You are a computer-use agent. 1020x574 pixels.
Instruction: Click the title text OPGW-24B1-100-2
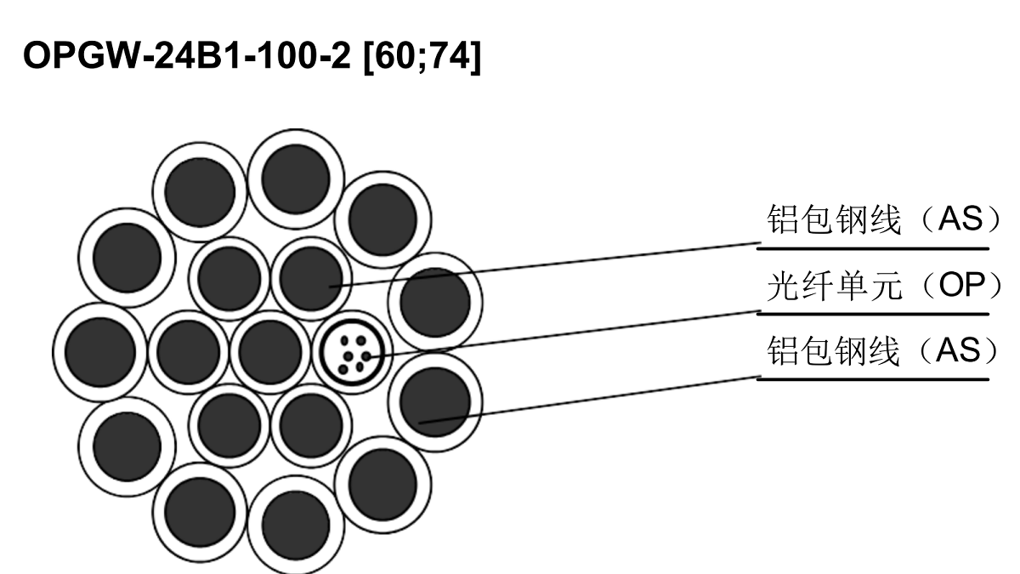click(x=187, y=55)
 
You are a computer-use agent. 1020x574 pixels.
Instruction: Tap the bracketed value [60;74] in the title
click(x=422, y=56)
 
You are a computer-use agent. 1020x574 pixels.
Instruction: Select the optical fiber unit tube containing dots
click(x=352, y=352)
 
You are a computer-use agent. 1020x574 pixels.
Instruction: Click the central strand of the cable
click(x=270, y=352)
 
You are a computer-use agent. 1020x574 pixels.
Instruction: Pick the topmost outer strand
click(x=296, y=179)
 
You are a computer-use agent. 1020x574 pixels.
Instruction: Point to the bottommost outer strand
click(x=296, y=525)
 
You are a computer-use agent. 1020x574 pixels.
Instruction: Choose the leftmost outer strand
click(x=100, y=352)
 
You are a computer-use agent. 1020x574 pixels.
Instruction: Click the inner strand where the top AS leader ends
click(x=311, y=278)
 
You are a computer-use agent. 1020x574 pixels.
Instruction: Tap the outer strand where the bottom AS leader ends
click(x=435, y=401)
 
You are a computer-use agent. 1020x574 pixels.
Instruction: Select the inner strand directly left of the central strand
click(x=188, y=352)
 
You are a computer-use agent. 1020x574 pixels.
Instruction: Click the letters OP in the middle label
click(x=961, y=285)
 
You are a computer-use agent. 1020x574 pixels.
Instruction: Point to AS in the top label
click(x=960, y=219)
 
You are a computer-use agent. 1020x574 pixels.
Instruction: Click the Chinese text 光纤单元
click(x=835, y=286)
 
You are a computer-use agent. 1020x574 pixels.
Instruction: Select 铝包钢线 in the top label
click(x=834, y=219)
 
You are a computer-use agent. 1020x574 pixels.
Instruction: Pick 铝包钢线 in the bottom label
click(x=833, y=350)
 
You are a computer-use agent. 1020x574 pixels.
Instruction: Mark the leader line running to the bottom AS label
click(x=590, y=400)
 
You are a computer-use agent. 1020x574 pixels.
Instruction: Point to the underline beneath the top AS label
click(x=873, y=248)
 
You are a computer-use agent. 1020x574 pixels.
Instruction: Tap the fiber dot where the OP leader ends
click(x=366, y=356)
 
